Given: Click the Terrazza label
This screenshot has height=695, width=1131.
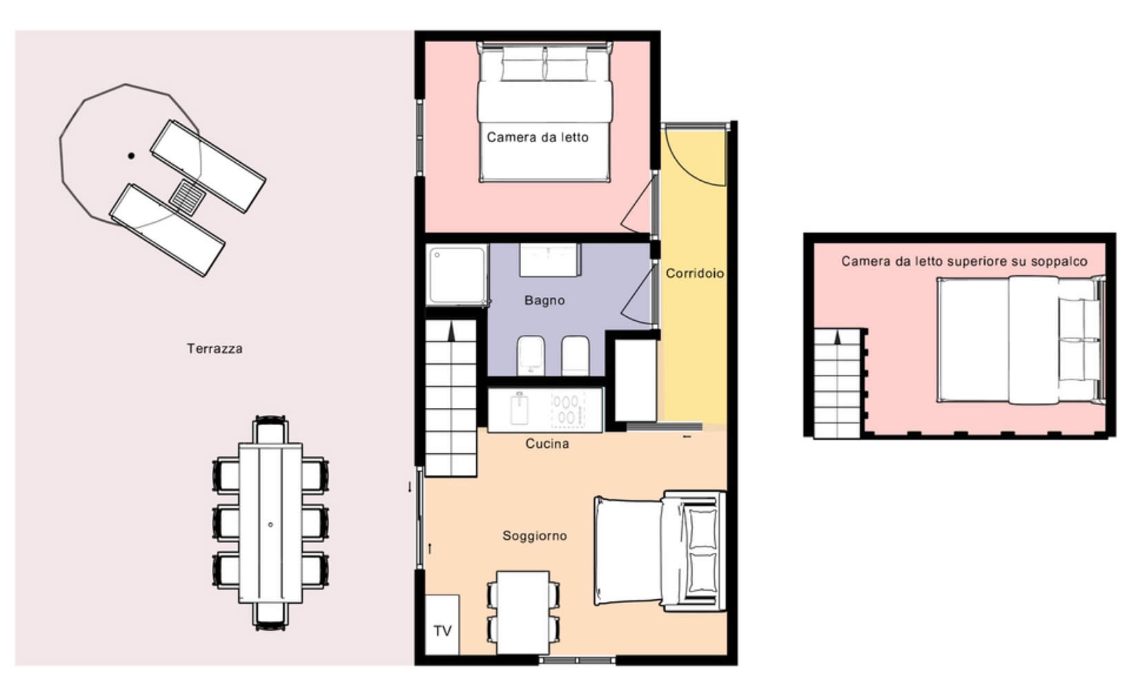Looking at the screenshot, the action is [215, 349].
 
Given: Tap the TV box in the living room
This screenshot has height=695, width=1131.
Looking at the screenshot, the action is [442, 625].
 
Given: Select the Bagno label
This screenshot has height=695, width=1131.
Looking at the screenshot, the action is [544, 300].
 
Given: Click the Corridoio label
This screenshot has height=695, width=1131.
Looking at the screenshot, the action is [695, 273].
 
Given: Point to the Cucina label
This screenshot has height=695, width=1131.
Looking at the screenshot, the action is [547, 444].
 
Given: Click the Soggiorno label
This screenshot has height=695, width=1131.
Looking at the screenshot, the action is [535, 536].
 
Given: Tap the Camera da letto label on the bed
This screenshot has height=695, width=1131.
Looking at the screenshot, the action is [538, 137].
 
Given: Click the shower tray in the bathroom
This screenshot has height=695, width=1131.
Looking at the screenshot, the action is [458, 275].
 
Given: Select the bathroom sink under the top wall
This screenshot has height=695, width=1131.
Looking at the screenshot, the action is [550, 260].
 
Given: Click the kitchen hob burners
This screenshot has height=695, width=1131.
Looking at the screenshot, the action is [568, 410].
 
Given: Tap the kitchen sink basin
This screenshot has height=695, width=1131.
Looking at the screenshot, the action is [519, 410].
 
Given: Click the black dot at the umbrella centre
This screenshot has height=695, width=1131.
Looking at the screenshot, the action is [131, 156].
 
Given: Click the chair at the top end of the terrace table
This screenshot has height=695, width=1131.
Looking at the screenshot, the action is [271, 430].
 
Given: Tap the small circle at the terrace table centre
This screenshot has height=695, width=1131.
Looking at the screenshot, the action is [271, 525].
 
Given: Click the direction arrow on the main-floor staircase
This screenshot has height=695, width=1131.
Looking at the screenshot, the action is [451, 332].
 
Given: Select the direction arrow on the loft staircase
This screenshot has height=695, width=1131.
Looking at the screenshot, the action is [838, 337].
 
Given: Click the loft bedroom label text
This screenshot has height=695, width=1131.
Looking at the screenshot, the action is [964, 262].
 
